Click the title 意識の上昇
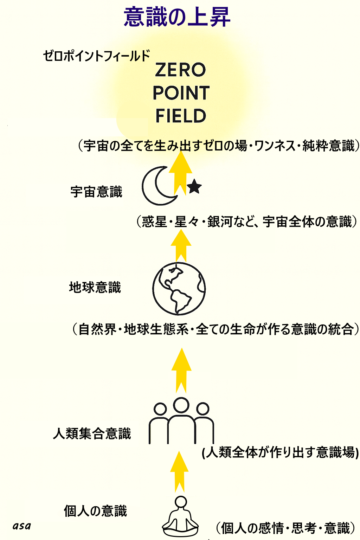click(x=177, y=17)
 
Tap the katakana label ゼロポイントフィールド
click(x=96, y=56)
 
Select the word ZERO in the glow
click(x=181, y=70)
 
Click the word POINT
click(x=181, y=93)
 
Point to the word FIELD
click(x=181, y=116)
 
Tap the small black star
click(x=194, y=187)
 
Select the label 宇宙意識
click(x=96, y=192)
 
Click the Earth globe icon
click(x=179, y=289)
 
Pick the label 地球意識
click(x=95, y=287)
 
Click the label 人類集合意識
click(x=92, y=433)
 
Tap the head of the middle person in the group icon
click(x=181, y=405)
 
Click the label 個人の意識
click(x=95, y=511)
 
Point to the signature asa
click(x=22, y=526)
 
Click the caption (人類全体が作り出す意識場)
click(x=280, y=452)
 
